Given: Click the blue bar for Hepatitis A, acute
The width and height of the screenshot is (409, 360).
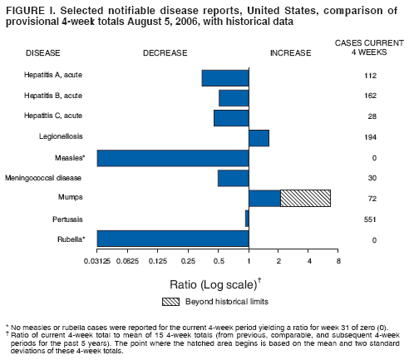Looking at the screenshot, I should click(225, 77).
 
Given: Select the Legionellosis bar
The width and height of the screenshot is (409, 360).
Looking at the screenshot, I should click(259, 138).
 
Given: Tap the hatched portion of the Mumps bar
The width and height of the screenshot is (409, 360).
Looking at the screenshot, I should click(306, 198).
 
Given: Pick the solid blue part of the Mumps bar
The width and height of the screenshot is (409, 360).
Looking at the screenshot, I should click(264, 198).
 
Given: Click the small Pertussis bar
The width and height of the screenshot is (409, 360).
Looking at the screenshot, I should click(247, 218).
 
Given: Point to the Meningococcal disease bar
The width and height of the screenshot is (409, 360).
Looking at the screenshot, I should click(233, 178).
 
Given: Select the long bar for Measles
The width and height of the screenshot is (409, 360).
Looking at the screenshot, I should click(173, 158).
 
